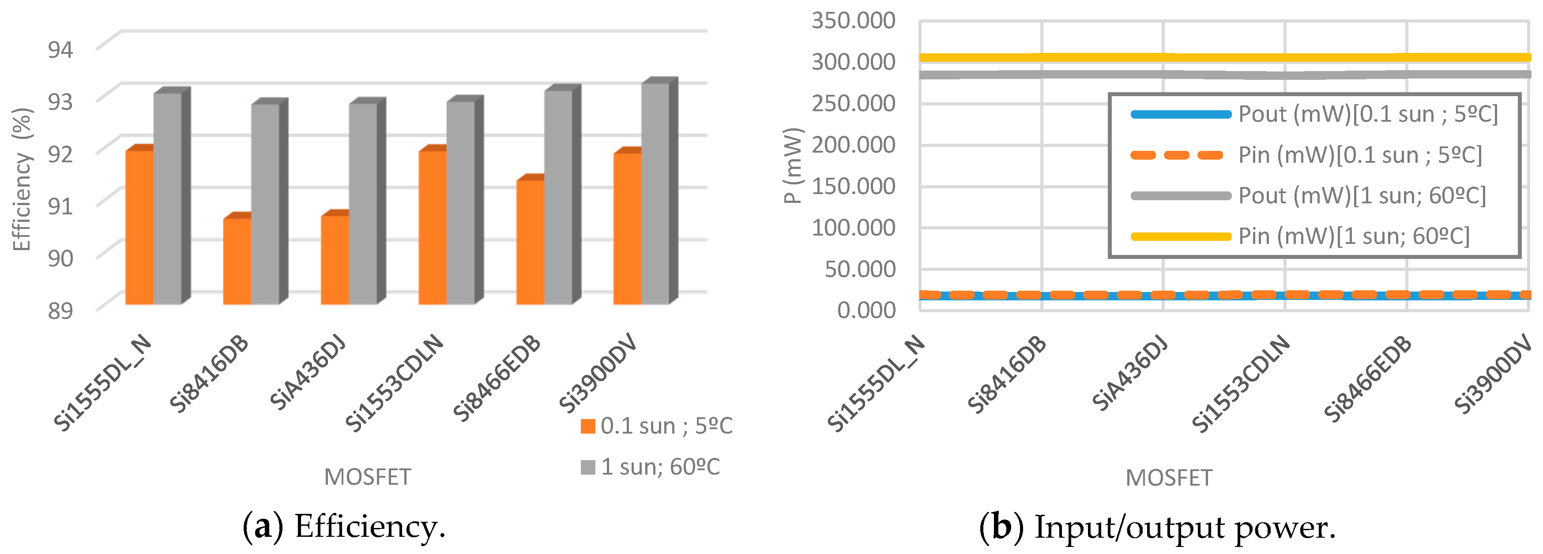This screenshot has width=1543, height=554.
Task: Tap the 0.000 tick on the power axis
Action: point(866,310)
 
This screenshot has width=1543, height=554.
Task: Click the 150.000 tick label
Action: point(853,186)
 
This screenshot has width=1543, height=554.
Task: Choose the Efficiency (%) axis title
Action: point(22,180)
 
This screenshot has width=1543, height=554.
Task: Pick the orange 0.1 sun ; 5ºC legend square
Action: point(587,427)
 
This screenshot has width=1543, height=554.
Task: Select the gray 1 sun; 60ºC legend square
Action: point(587,467)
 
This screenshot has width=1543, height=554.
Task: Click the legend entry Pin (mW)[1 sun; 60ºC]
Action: point(1354,236)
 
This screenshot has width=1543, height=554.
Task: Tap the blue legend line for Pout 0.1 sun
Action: point(1180,114)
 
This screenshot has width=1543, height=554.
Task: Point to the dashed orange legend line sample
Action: point(1177,156)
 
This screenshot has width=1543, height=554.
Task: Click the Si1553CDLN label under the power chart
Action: point(1240,383)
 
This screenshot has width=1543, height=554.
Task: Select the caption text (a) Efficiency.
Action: point(344,527)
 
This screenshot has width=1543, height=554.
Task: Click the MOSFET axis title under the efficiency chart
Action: point(367,477)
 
